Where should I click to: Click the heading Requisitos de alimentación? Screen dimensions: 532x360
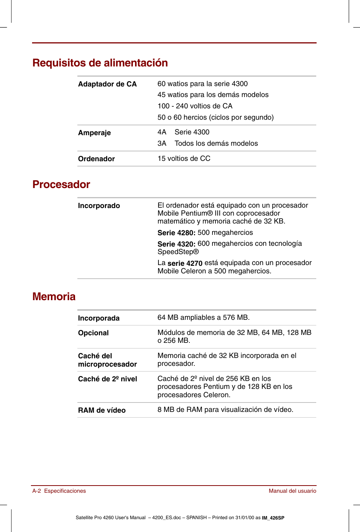point(100,63)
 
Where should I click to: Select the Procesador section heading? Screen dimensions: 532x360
point(61,184)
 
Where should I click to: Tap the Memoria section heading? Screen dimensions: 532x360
point(54,296)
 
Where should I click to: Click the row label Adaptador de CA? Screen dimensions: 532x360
point(107,84)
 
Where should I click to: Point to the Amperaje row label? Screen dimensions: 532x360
point(94,133)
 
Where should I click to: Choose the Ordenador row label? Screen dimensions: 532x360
point(96,159)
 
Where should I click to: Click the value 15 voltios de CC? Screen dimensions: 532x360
point(184,159)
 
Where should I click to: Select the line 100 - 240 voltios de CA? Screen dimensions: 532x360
point(195,106)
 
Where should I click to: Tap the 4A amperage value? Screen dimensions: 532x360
point(162,132)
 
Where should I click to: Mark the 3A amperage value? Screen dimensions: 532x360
point(162,143)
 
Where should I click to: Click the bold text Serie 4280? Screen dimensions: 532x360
point(176,233)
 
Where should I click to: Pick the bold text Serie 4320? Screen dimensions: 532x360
point(176,244)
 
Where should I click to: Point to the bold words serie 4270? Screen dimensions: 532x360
point(185,263)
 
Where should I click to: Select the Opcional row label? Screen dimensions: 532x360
point(93,333)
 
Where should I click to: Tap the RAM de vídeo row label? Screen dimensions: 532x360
point(102,410)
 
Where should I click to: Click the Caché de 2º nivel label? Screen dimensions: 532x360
point(107,379)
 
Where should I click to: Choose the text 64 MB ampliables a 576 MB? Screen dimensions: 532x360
point(203,318)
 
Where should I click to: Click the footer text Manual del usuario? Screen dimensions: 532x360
point(292,491)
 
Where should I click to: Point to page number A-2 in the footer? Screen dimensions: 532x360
point(37,491)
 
